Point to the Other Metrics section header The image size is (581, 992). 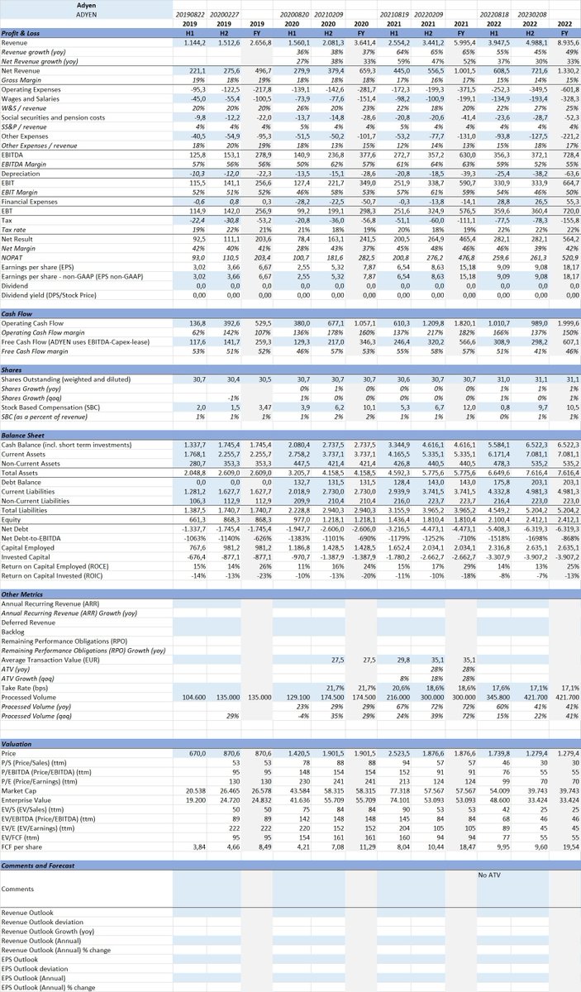tap(21, 594)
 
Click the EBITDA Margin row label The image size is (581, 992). tap(26, 141)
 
